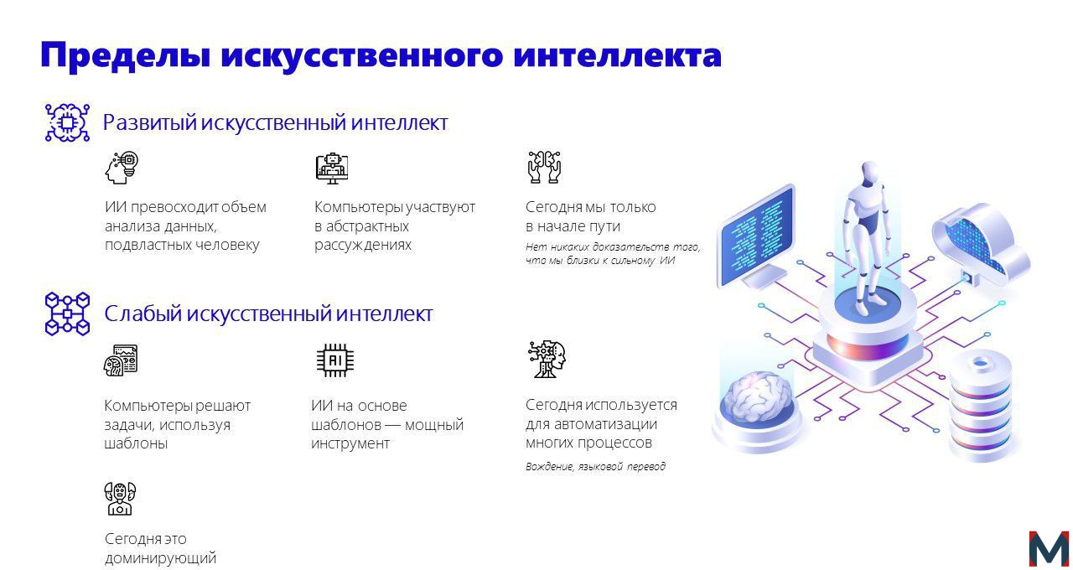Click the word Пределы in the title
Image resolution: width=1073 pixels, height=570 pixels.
click(x=126, y=55)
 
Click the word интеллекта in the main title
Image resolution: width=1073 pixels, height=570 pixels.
click(x=617, y=54)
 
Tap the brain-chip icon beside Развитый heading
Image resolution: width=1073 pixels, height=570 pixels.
click(x=67, y=122)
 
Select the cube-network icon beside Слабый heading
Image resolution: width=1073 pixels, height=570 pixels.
click(x=67, y=313)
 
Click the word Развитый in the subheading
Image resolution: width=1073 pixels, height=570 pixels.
click(x=149, y=123)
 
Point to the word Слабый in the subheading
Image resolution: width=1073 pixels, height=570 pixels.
click(x=143, y=313)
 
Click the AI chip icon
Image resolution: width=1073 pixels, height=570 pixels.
click(x=334, y=360)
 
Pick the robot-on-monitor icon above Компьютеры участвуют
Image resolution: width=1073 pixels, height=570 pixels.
click(x=332, y=168)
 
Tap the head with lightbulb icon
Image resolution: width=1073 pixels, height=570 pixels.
click(x=122, y=168)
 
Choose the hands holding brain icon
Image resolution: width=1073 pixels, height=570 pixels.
click(x=544, y=167)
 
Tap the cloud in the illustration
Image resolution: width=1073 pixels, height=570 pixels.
click(x=981, y=242)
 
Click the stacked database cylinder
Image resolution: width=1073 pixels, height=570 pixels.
click(x=981, y=407)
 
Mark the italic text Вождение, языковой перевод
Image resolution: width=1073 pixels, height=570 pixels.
click(x=595, y=466)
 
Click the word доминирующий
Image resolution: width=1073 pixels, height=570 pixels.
click(x=160, y=558)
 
